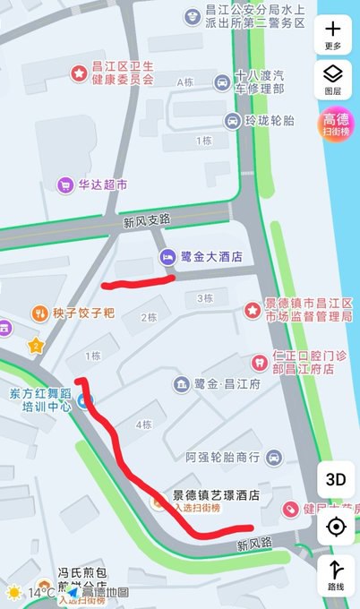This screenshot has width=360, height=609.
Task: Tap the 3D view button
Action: pos(336,478)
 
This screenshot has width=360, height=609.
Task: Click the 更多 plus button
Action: pos(333,35)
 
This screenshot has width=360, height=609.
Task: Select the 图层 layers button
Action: pos(333,79)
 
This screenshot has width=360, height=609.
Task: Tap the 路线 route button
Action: pos(336,575)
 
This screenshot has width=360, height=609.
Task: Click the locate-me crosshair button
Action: pos(336,527)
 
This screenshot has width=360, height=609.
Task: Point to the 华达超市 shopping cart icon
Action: pos(64,185)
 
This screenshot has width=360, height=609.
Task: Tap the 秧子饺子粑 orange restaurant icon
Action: pos(39,313)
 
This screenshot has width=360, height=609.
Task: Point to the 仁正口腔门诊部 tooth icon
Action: pos(259,362)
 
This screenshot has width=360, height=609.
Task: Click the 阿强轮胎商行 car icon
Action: pos(272,457)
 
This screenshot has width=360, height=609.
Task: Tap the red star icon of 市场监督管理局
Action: pos(252,310)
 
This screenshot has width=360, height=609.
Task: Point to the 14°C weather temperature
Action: pos(40,593)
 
